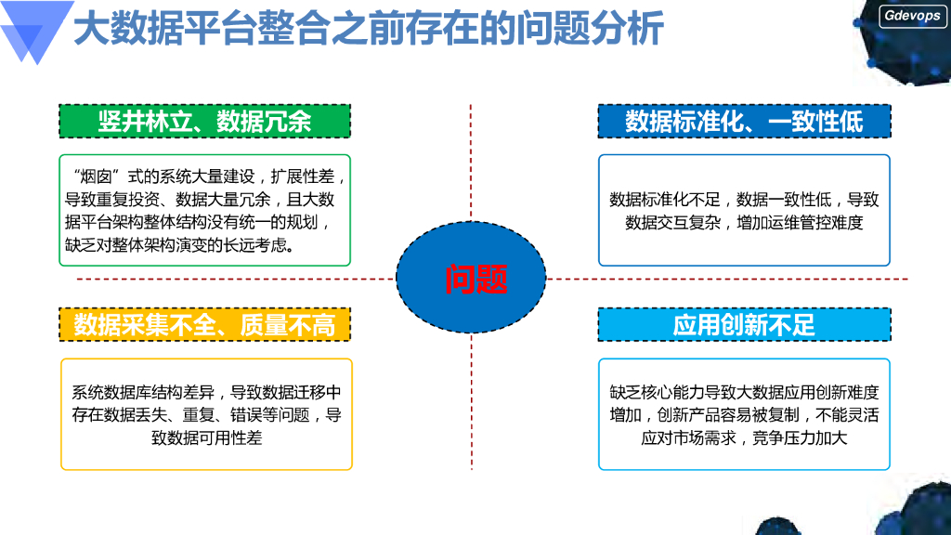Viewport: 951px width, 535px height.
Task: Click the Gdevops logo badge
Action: tap(912, 16)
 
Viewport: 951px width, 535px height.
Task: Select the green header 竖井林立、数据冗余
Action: tap(204, 121)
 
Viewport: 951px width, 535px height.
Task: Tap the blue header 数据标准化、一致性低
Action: tap(744, 121)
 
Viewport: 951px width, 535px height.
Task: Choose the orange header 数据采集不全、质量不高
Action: tap(204, 325)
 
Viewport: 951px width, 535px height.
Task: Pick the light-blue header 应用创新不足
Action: tap(744, 325)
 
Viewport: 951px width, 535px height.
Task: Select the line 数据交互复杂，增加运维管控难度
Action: tap(744, 222)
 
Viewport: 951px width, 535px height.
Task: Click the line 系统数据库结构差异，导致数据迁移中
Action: tap(206, 392)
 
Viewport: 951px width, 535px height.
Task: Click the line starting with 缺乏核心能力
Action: tap(744, 392)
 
